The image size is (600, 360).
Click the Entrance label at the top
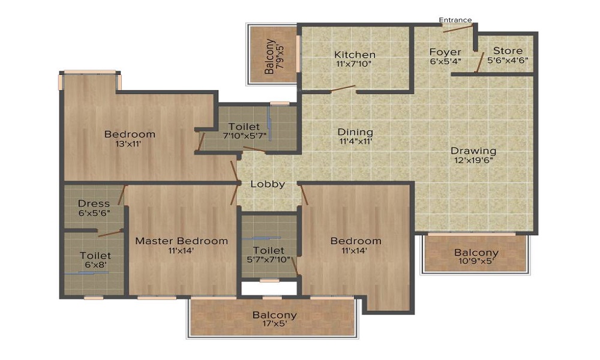[x=455, y=20]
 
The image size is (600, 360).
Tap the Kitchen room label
[x=355, y=55]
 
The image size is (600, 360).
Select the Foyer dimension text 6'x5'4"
[x=445, y=61]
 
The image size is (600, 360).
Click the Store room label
[x=508, y=51]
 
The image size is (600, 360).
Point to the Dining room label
[x=355, y=132]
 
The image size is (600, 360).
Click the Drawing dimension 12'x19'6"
[x=473, y=160]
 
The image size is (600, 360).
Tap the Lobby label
[x=268, y=184]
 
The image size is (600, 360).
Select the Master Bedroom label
[x=181, y=241]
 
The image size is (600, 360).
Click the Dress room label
[x=94, y=203]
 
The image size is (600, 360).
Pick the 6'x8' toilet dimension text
[x=95, y=265]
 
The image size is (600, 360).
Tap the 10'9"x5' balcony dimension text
[x=476, y=262]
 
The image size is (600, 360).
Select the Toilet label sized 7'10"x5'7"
[x=244, y=127]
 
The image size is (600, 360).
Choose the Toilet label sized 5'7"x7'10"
[x=268, y=250]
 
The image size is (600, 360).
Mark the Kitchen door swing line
[x=343, y=89]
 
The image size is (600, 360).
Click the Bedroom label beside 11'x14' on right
[x=356, y=241]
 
